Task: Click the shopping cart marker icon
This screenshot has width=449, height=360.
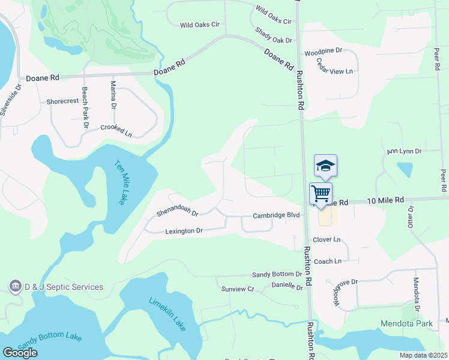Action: coord(321,193)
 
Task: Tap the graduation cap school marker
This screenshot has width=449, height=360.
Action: coord(325,165)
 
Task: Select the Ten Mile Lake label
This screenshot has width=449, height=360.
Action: coord(120,182)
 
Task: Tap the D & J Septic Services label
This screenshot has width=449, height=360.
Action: coord(64,287)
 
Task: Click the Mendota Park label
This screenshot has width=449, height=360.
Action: coord(406,324)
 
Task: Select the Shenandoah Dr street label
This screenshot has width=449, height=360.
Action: coord(177,212)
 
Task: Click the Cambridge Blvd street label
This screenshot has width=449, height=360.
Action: coord(276,215)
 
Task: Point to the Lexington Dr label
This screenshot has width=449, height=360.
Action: coord(184,230)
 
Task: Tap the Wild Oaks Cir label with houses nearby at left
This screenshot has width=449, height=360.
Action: coord(200,25)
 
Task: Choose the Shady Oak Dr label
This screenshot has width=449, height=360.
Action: coord(273,35)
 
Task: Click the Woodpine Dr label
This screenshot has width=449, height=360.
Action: coord(323,52)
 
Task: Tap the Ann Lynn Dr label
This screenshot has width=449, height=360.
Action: coord(405,152)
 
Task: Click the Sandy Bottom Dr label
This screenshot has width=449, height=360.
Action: coord(277,274)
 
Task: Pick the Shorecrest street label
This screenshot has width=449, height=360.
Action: coord(62,101)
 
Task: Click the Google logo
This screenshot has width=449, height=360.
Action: coord(20,353)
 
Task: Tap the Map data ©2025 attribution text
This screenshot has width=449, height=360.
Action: coord(423,355)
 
